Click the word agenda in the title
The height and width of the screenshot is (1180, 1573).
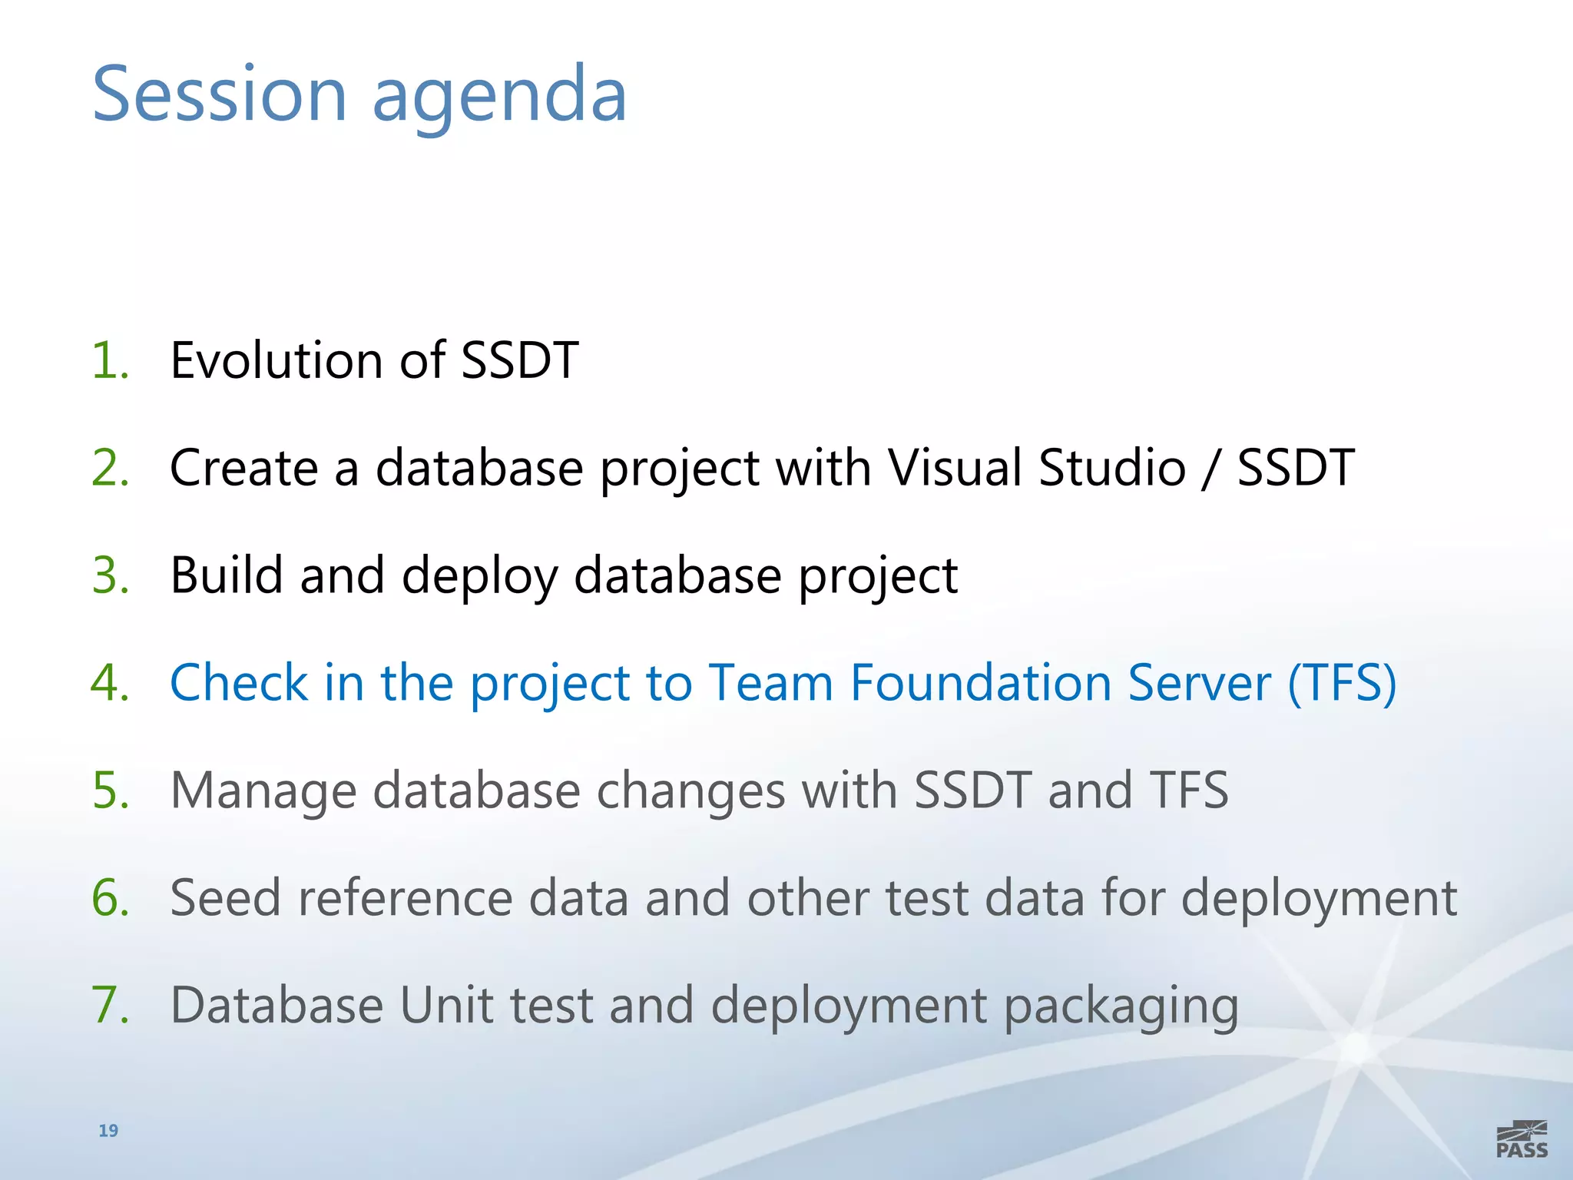pyautogui.click(x=499, y=96)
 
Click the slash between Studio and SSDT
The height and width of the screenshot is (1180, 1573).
pyautogui.click(x=1210, y=469)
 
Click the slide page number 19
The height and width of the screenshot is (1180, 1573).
pyautogui.click(x=108, y=1130)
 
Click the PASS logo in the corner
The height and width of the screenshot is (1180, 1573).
pyautogui.click(x=1522, y=1140)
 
